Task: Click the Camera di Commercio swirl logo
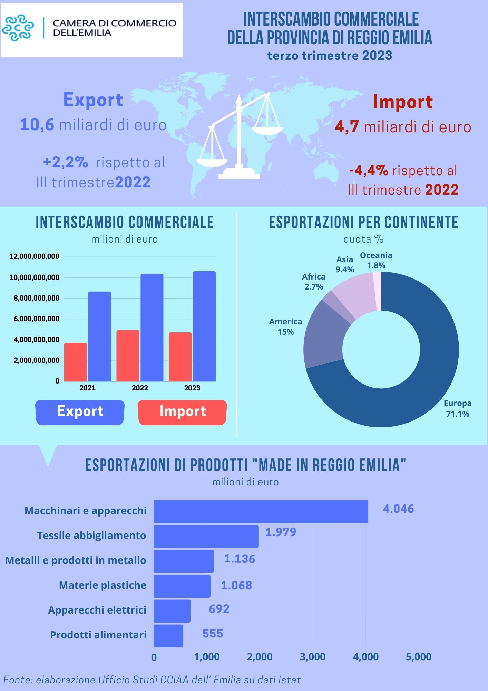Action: (18, 28)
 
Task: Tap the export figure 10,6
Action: (37, 125)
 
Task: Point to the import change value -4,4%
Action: (369, 171)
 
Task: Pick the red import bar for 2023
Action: (180, 357)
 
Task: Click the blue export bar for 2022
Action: (152, 327)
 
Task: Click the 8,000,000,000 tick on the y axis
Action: (37, 298)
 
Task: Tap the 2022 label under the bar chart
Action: (140, 388)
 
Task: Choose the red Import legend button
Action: (182, 412)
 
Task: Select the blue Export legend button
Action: (80, 412)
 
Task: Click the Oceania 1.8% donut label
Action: (376, 260)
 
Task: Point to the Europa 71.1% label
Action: (458, 408)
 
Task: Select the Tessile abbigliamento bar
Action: (206, 536)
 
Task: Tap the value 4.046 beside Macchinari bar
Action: (398, 509)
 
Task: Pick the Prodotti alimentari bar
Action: (168, 636)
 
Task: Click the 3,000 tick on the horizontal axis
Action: (313, 657)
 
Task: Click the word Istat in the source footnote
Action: (289, 680)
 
